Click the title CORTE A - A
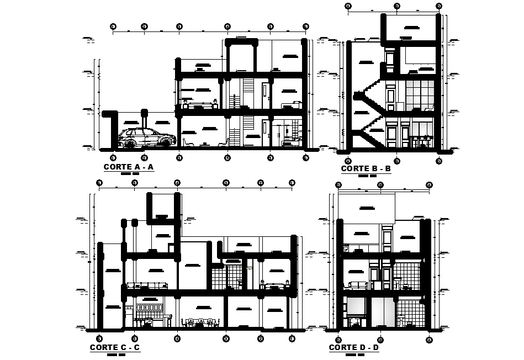(x=128, y=167)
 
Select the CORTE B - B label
(x=366, y=168)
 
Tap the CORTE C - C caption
(x=114, y=347)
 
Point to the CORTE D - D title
(x=353, y=347)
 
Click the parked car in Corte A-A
(x=144, y=138)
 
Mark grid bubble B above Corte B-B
(x=396, y=6)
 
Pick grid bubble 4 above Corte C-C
(x=224, y=182)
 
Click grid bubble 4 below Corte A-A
(x=227, y=158)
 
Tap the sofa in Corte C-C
(x=147, y=285)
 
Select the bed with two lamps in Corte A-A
(x=200, y=104)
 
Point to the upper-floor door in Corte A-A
(x=266, y=94)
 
